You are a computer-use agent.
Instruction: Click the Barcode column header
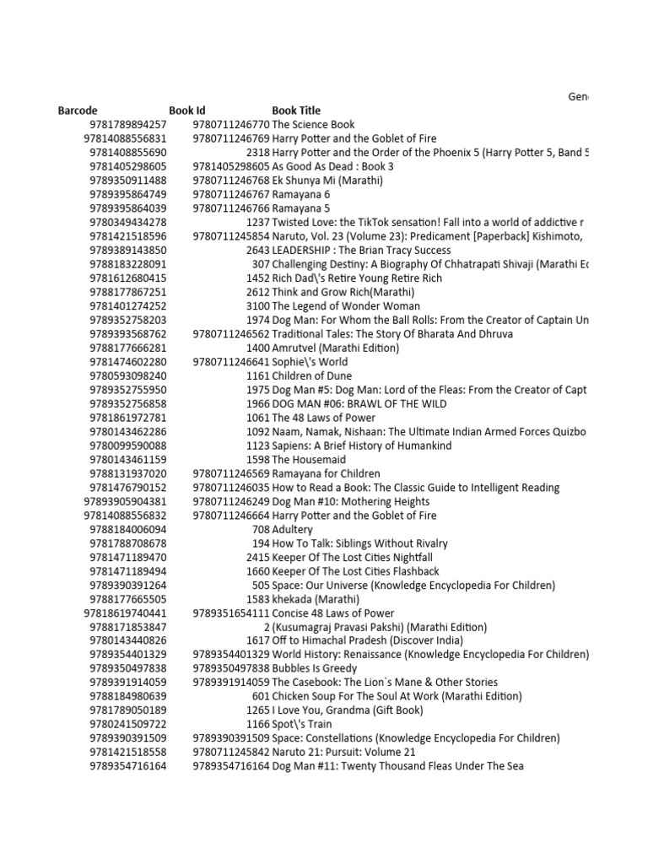78,111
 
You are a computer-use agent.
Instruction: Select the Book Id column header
186,111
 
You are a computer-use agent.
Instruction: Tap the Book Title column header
295,111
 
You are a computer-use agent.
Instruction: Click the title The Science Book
313,125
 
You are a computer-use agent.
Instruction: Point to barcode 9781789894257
127,125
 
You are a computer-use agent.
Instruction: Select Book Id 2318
257,153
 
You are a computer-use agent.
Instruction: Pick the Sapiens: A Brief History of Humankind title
361,445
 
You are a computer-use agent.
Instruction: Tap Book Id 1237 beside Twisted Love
257,222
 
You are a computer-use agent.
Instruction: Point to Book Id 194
261,543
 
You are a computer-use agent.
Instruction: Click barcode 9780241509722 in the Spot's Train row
127,724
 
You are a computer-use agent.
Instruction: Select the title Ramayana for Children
326,473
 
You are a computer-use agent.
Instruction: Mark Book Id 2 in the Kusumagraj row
266,627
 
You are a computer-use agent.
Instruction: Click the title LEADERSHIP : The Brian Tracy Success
361,251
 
